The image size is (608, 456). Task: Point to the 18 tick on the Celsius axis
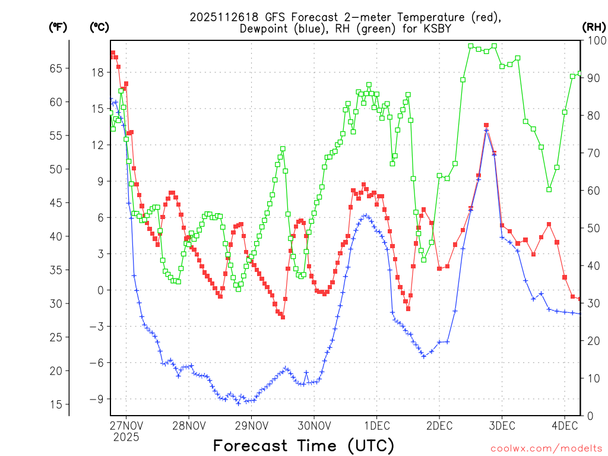click(97, 72)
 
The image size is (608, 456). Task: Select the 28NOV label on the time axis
click(188, 426)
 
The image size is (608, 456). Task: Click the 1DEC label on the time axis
click(376, 426)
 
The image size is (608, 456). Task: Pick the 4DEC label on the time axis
click(565, 426)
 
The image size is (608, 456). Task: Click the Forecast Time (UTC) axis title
click(303, 445)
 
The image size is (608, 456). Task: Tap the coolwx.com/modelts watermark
click(546, 448)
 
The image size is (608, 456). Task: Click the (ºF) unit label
click(58, 27)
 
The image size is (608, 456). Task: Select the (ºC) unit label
click(99, 27)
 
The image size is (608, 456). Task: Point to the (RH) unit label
click(594, 27)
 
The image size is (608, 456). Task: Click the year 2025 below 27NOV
click(125, 437)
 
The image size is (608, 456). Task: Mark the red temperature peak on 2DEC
click(486, 125)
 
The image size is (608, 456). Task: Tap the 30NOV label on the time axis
click(313, 426)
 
